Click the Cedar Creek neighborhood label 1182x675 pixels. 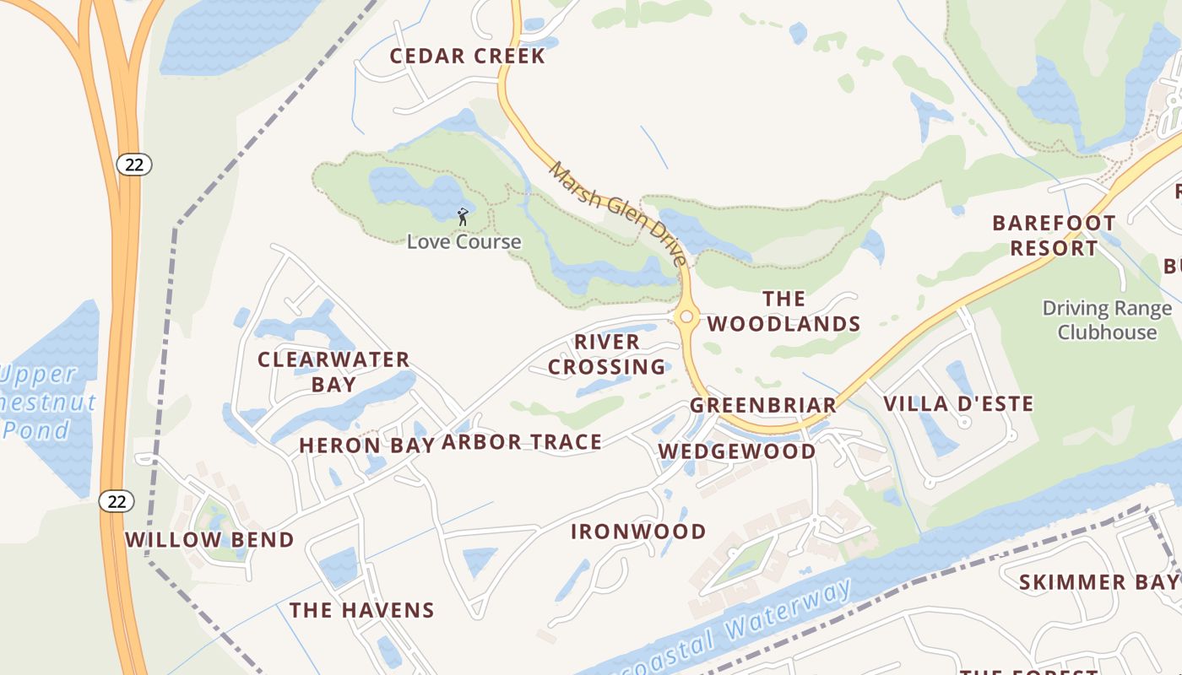pos(467,57)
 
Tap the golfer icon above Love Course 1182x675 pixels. pos(463,217)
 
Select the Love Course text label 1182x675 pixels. pos(464,242)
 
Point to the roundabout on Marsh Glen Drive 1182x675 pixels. pos(686,317)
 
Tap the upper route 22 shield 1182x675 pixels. pos(134,165)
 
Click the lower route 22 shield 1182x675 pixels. pos(117,501)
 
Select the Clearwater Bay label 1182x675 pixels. pos(333,371)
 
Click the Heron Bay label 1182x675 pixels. pos(366,445)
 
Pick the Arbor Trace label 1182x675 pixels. pos(522,442)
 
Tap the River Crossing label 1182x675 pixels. pos(606,354)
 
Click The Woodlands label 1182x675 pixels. pos(783,311)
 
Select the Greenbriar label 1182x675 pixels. pos(763,405)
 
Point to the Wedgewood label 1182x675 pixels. pos(737,451)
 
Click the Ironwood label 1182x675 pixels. pos(638,532)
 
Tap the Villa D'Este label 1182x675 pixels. pos(958,404)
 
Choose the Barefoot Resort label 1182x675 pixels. pos(1054,235)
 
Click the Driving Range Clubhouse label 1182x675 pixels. pos(1107,320)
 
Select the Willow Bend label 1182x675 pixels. pos(209,540)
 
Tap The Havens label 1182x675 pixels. pos(361,610)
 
